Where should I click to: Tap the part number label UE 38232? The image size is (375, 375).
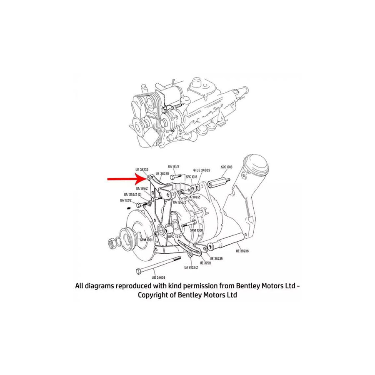[x=142, y=170]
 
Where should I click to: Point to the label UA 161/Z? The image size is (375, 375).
[x=174, y=166]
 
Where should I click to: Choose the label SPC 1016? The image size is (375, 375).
[x=227, y=167]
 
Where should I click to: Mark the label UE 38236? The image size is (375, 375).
[x=242, y=251]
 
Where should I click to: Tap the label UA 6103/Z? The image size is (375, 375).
[x=191, y=267]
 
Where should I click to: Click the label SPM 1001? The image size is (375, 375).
[x=146, y=240]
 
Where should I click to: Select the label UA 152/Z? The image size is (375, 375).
[x=125, y=200]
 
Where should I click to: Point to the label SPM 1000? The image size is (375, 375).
[x=196, y=230]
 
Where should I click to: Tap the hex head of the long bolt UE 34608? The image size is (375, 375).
[x=138, y=271]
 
